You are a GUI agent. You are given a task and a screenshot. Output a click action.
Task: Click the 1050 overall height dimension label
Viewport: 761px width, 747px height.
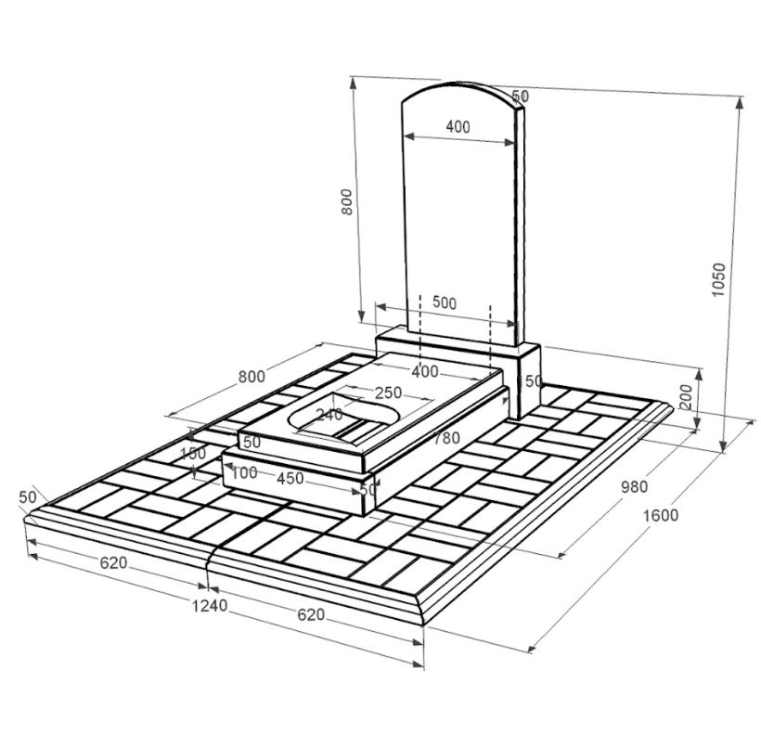coord(717,279)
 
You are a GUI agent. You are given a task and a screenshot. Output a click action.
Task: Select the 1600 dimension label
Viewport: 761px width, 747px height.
coord(661,514)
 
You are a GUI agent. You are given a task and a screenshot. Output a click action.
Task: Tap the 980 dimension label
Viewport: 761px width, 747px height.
coord(635,486)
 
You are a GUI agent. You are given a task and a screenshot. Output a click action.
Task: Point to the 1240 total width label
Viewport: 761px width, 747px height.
coord(210,605)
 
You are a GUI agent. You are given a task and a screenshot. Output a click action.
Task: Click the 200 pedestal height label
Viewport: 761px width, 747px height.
coord(685,396)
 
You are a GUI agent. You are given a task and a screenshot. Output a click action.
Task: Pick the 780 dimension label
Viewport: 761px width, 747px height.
coord(446,438)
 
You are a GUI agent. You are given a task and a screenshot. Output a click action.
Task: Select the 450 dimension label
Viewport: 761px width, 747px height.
coord(290,478)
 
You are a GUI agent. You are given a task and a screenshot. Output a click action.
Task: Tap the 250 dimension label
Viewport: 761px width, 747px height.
coord(388,393)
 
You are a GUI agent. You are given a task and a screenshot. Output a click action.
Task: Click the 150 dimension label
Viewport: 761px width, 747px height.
coord(193,454)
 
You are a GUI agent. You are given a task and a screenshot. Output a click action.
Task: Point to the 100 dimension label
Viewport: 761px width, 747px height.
coord(245,471)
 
